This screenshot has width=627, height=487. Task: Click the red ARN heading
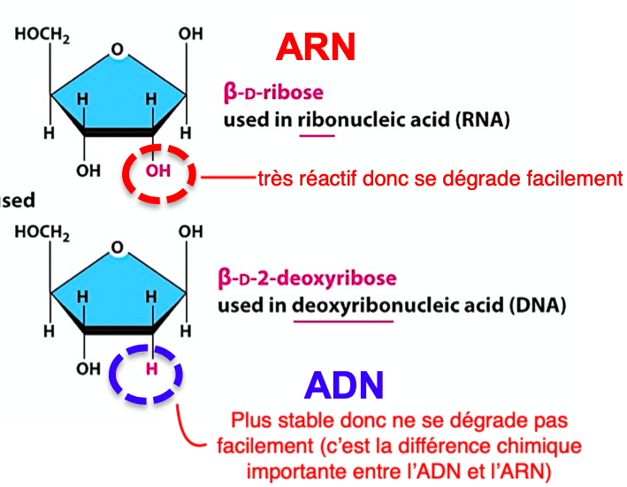tap(316, 47)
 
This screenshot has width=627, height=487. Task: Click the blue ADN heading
tap(344, 384)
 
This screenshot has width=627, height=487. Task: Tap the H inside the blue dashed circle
tap(151, 368)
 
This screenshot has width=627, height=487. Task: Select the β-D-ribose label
tap(273, 93)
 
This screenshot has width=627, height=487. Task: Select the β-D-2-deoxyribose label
tap(307, 279)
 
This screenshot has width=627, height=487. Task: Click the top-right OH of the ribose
tap(190, 34)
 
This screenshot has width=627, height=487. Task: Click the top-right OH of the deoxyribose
tap(190, 232)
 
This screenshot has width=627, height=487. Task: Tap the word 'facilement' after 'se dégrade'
tap(580, 179)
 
